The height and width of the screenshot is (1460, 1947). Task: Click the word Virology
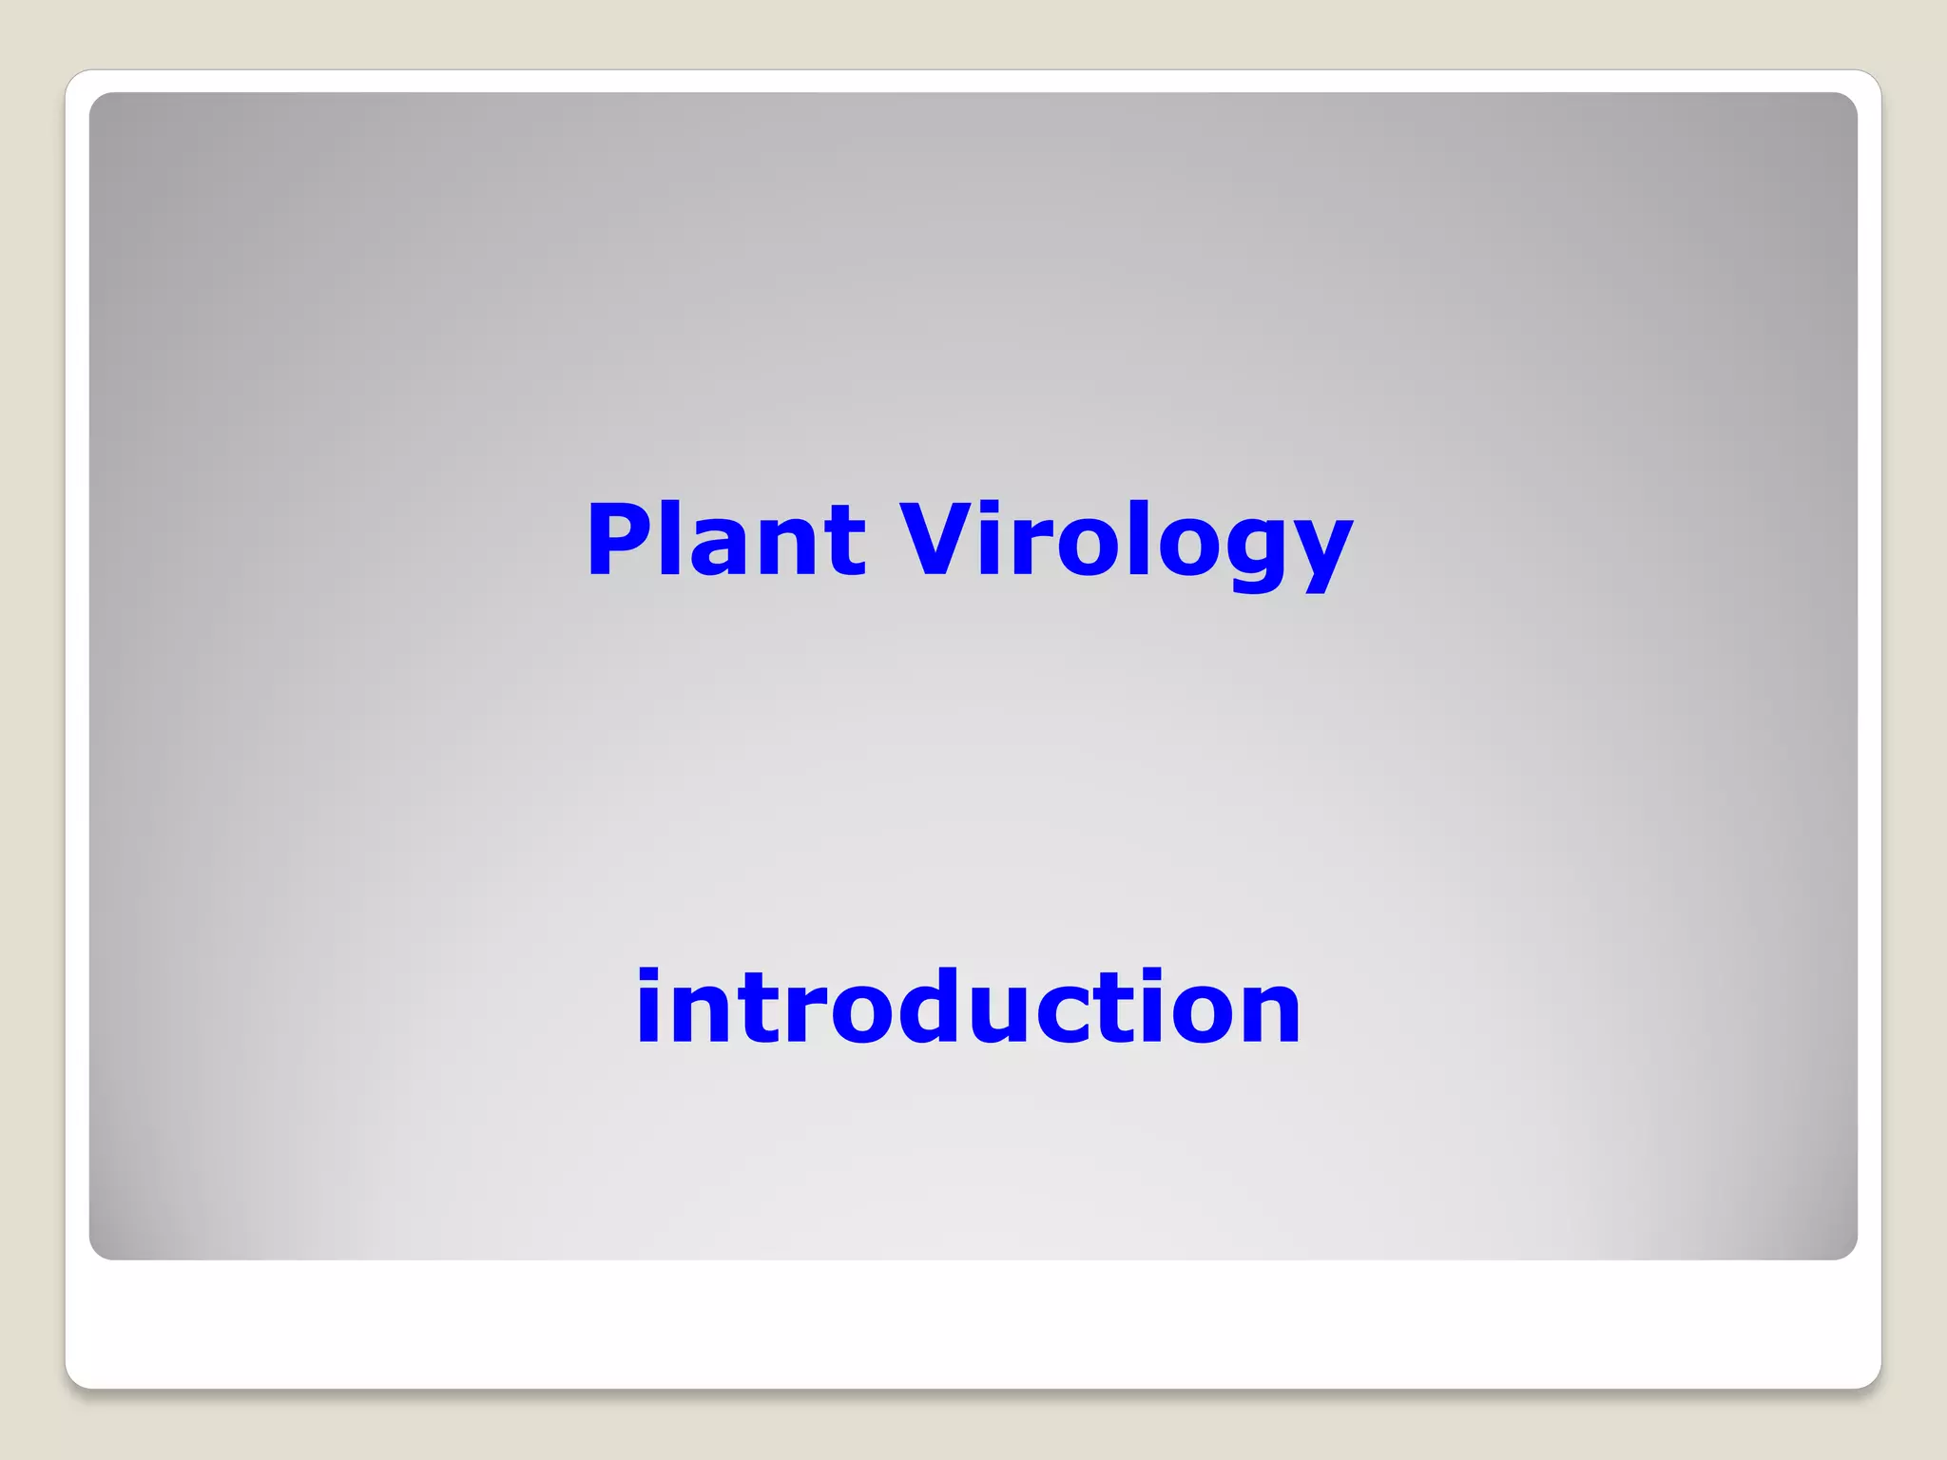click(x=1126, y=542)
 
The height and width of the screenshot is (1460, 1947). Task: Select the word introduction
click(x=968, y=1008)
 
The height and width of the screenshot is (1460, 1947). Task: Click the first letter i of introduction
click(x=649, y=1008)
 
